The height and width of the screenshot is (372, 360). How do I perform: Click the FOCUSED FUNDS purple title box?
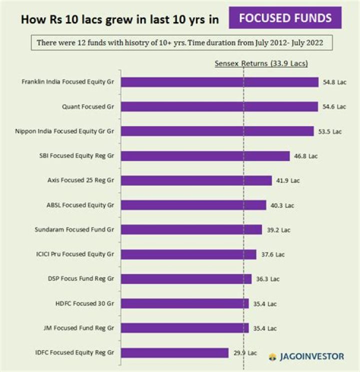pos(285,18)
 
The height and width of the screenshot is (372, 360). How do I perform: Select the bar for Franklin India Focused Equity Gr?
pos(219,82)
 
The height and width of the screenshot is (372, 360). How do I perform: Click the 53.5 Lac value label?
pos(330,131)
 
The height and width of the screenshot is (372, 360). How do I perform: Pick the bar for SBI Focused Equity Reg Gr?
pos(205,156)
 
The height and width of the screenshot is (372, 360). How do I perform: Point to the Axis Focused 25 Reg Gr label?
pos(81,180)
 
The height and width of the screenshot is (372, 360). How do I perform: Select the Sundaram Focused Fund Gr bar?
pos(191,229)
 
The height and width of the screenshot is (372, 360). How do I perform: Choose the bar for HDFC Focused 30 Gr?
pos(184,303)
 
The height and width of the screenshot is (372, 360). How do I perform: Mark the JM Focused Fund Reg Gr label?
pos(78,328)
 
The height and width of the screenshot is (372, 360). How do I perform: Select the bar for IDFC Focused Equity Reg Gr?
pos(174,352)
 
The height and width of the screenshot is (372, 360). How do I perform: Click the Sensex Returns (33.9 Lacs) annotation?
pos(261,64)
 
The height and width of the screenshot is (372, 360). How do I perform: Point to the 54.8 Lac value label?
pos(334,82)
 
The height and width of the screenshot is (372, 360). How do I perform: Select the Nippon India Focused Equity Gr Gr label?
pos(65,131)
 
